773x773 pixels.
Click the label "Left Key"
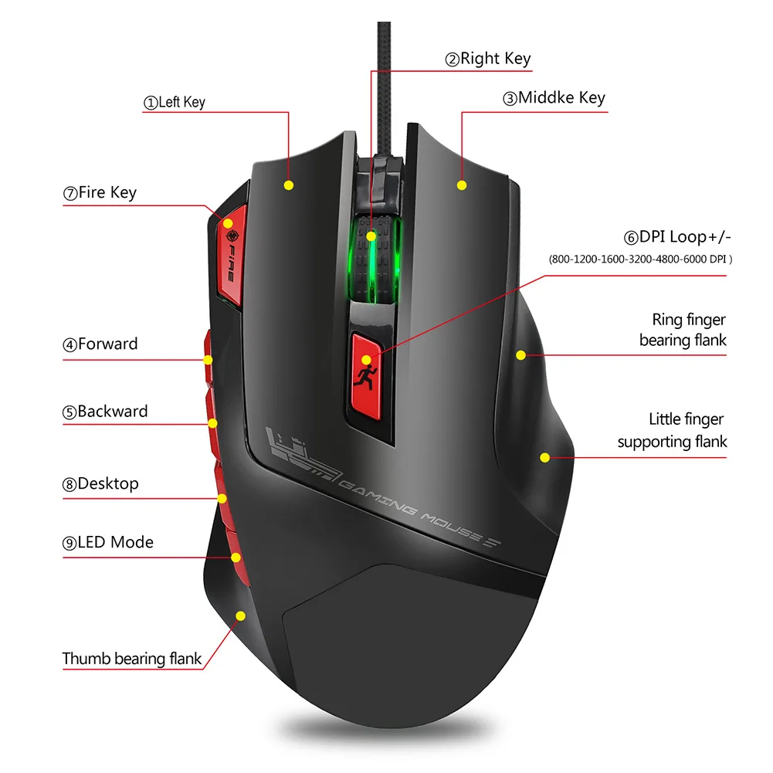point(175,102)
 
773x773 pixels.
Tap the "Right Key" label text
point(487,59)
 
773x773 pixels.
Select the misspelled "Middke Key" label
point(554,98)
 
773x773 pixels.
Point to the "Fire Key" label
point(100,192)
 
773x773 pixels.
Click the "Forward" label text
point(100,344)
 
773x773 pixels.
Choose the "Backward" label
point(105,412)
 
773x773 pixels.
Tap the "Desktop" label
point(100,484)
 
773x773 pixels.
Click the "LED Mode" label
point(108,542)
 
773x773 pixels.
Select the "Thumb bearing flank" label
point(132,659)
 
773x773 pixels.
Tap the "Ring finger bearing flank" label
point(683,330)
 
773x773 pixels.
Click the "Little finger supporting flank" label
point(673,430)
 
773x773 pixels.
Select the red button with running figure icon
point(367,372)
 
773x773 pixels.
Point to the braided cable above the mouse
point(385,77)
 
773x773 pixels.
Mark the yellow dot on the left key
point(289,185)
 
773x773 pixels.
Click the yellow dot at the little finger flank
point(544,458)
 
